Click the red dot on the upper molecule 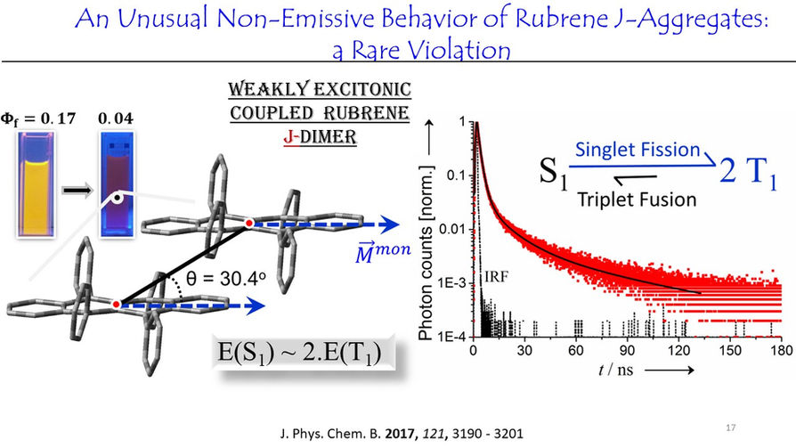(248, 223)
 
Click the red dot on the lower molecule (117, 305)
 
